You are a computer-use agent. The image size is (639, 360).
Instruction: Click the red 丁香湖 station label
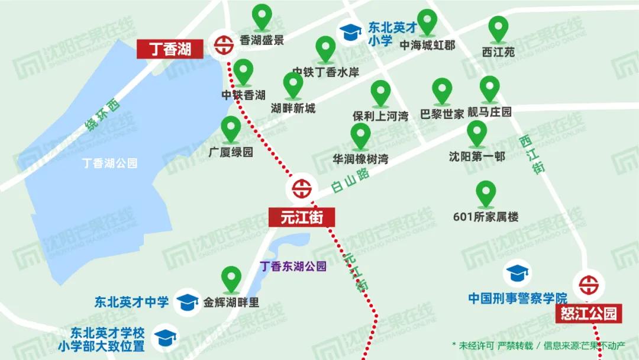pos(171,49)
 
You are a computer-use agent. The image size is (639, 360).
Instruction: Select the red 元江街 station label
pos(302,217)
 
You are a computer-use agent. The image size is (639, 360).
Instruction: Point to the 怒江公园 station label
pos(589,313)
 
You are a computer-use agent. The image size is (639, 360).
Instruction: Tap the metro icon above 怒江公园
pos(589,285)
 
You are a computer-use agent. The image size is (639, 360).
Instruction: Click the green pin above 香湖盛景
pos(262,18)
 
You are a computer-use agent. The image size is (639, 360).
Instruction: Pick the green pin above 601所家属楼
pos(485,194)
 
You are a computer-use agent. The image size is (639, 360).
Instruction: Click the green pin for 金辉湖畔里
pos(231,279)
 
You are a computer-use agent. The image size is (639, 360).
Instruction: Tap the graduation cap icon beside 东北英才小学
pos(350,32)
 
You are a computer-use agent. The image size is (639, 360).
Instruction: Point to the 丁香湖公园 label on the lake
pos(110,163)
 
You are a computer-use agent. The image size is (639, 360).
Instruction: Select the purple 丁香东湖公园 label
pos(293,266)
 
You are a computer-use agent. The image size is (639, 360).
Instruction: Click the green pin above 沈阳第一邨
pos(476,134)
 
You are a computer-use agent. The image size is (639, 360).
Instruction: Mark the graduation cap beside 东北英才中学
pos(188,302)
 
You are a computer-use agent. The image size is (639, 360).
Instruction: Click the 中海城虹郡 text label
pos(427,45)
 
